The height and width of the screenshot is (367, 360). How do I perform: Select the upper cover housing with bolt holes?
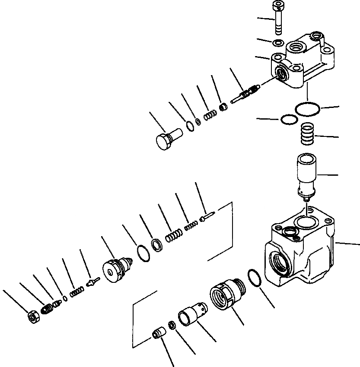[x=303, y=63]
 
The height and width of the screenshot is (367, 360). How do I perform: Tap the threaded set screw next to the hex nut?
[x=47, y=309]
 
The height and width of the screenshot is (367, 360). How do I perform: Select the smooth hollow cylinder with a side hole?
[x=191, y=313]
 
